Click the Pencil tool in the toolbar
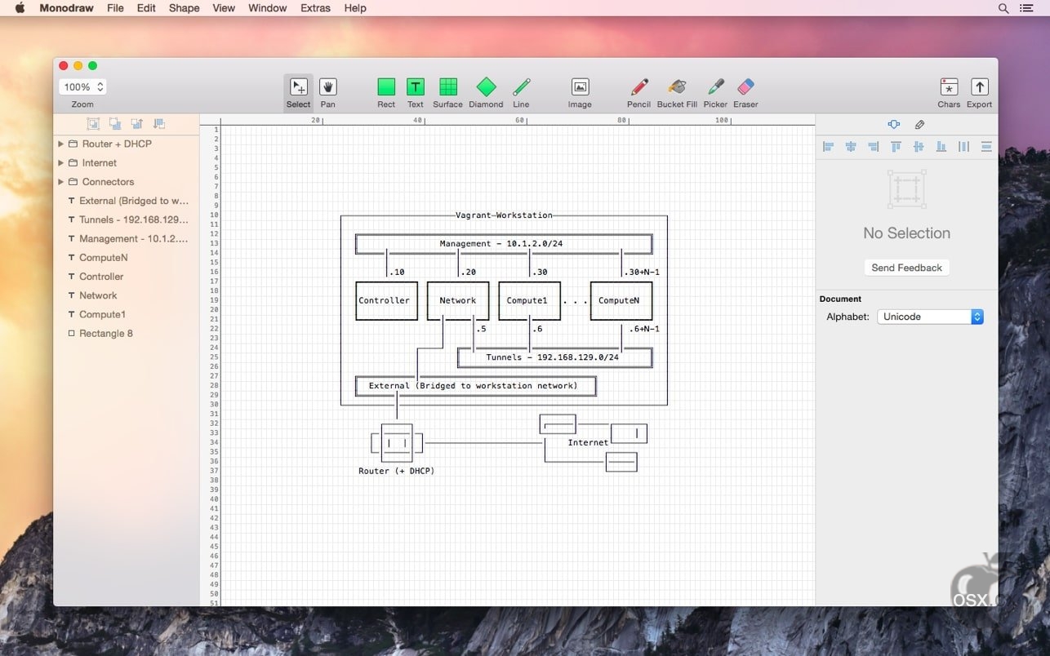coord(639,87)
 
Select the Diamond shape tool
coord(486,87)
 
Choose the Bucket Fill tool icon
coord(677,87)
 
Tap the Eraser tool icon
coord(745,87)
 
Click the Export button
coord(979,93)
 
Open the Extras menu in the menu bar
coord(315,8)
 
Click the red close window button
coord(64,65)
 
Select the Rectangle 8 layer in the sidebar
coord(106,333)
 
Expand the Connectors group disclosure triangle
coord(60,181)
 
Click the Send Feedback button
coord(906,268)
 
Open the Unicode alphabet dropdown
coord(930,317)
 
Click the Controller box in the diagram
coord(386,301)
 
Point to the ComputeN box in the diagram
coord(621,301)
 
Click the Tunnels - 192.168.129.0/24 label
coord(552,357)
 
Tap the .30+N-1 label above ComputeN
coord(642,273)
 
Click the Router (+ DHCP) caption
coord(396,471)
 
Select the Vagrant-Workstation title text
coord(504,215)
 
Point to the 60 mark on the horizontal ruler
coord(520,120)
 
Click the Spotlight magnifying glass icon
coord(1003,8)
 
